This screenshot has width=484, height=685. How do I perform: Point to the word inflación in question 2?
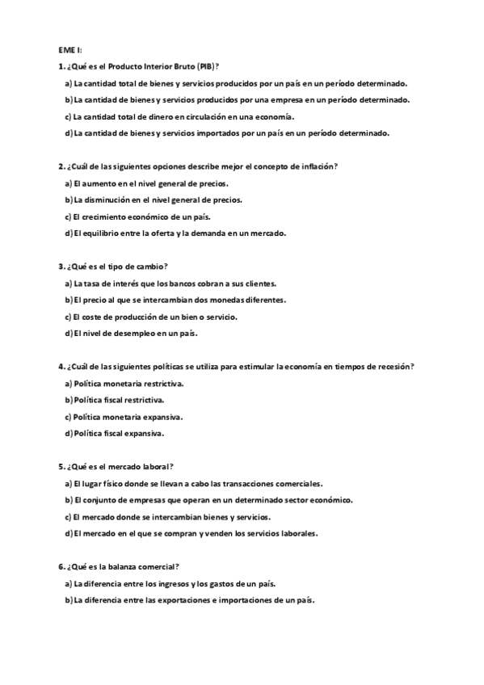coord(319,166)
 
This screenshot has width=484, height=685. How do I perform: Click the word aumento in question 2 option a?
coord(99,183)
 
